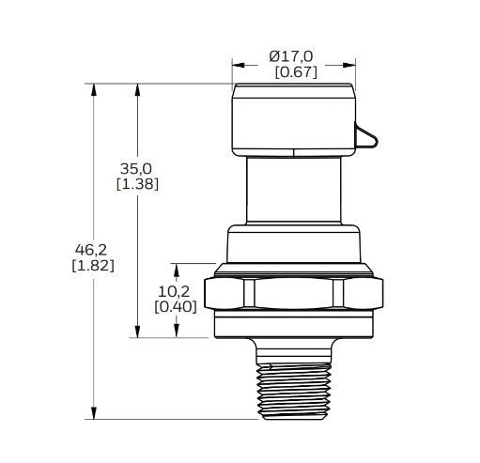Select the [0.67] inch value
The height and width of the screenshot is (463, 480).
tap(295, 72)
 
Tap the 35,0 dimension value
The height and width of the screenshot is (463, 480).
tap(136, 168)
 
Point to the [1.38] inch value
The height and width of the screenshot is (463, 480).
tap(136, 184)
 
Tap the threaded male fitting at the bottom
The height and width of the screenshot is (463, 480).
tap(294, 385)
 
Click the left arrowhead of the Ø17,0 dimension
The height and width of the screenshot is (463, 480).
tap(239, 66)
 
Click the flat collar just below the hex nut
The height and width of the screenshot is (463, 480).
tap(294, 328)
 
